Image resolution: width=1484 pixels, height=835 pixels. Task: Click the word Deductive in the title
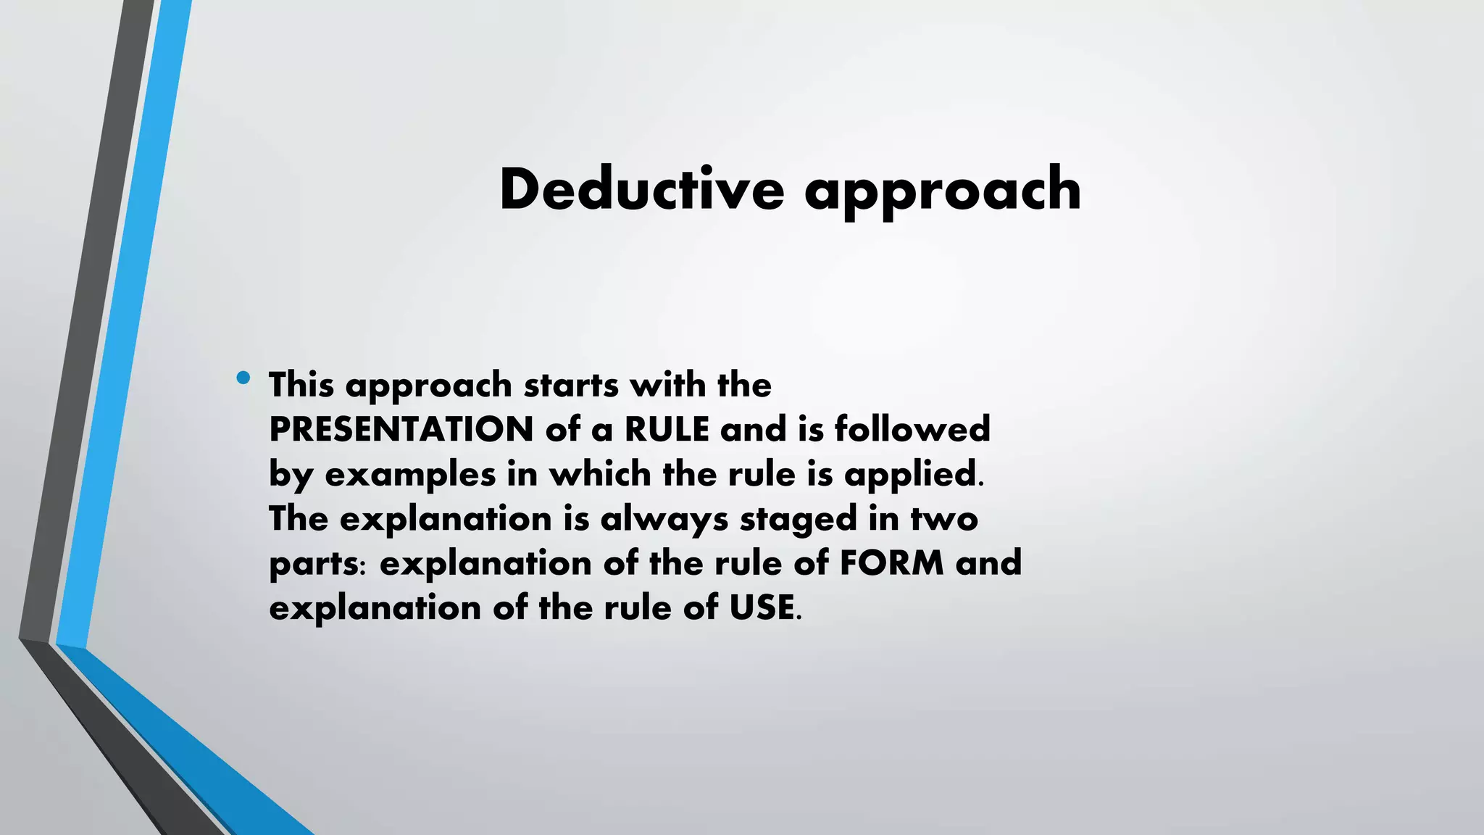click(641, 189)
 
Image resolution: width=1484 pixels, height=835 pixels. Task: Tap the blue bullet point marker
click(243, 378)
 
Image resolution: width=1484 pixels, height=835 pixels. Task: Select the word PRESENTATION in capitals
click(401, 429)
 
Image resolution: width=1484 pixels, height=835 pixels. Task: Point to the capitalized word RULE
click(667, 429)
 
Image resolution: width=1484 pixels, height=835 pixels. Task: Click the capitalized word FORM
click(892, 563)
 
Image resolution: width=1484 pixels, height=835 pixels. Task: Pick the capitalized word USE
click(761, 607)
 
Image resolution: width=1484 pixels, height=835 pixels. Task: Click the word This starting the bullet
click(301, 384)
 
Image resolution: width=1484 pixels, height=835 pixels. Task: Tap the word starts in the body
click(571, 386)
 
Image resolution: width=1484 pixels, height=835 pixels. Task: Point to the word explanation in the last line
click(375, 609)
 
